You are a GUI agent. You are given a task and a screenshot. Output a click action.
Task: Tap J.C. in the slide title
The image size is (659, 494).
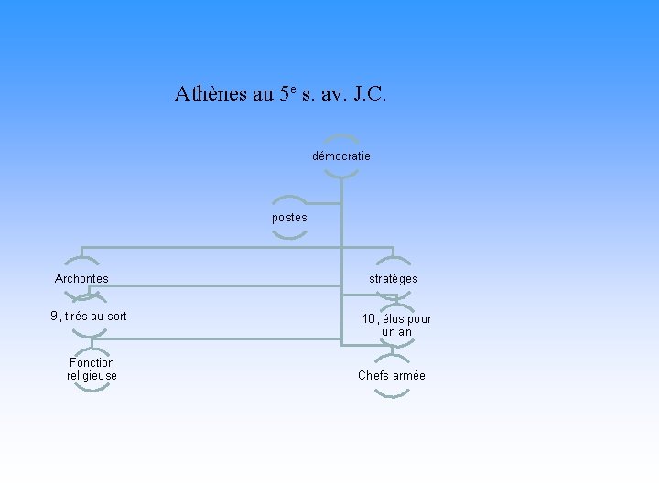pos(367,93)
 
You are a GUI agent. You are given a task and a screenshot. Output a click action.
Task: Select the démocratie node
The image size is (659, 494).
pos(341,156)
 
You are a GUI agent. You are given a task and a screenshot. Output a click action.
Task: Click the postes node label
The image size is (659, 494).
pos(289,218)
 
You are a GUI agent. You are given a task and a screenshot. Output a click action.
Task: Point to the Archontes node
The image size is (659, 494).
pos(81,278)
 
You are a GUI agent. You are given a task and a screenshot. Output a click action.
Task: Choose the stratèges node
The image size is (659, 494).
pos(394,278)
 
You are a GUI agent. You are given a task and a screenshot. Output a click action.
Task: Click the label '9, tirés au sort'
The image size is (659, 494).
pos(89,317)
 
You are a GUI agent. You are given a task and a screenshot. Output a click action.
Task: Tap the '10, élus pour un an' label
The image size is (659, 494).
pos(396,325)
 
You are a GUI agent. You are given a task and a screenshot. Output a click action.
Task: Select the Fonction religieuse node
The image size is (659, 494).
pos(92,369)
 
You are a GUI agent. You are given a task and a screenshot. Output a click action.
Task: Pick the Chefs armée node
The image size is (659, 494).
pos(392,375)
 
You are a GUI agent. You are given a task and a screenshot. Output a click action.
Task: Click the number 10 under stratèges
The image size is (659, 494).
pos(369,319)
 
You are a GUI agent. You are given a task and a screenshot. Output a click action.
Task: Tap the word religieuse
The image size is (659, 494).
pos(92,375)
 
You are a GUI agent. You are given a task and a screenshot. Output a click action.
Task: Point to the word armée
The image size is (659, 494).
pos(409,375)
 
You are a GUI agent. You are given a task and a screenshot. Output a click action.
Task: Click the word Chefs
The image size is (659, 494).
pos(373,375)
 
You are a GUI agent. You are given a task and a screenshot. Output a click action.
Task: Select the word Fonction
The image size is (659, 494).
pos(92,362)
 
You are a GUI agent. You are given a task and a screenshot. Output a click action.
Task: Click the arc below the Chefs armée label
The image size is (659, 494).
pos(392,394)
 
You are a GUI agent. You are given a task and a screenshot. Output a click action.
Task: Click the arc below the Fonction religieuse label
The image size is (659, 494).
pos(92,389)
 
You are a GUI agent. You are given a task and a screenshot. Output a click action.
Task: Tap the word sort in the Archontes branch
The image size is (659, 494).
pos(116,317)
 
